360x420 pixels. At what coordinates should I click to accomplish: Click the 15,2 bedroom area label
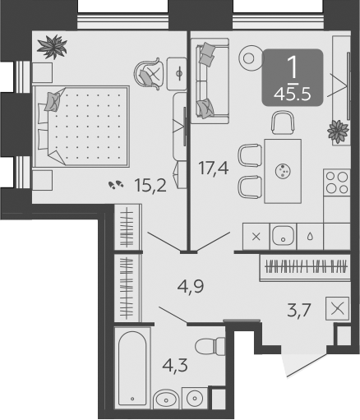150,187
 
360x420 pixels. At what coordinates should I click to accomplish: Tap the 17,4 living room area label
214,168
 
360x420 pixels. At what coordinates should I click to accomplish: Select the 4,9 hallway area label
191,287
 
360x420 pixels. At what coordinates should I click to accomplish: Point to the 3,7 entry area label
299,311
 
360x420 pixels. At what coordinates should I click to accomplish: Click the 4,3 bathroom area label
175,365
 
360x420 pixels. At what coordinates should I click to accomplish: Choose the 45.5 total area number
293,95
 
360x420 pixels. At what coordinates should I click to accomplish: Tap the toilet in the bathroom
210,346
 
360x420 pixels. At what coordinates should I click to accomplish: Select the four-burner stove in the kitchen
337,182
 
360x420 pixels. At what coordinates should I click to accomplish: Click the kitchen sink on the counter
284,236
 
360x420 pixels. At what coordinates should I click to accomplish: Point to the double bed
81,127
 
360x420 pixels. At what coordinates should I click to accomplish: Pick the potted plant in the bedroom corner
53,47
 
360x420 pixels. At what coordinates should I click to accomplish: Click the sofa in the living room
210,81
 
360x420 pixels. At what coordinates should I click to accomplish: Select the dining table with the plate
283,171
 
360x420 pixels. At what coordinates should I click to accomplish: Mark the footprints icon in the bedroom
116,184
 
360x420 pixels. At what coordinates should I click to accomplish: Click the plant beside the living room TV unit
338,132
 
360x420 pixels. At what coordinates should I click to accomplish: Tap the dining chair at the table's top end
283,122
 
